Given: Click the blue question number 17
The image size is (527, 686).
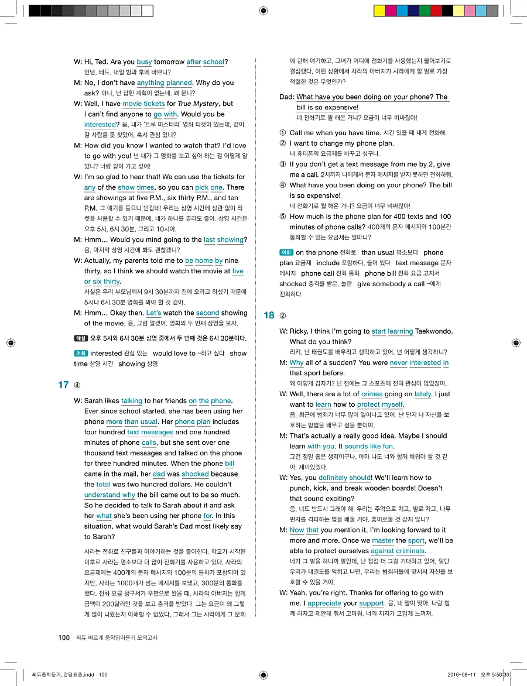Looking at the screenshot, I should (x=64, y=385).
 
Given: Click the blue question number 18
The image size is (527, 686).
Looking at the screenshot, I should (x=269, y=315).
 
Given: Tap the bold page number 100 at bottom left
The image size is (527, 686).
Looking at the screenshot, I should (x=64, y=637).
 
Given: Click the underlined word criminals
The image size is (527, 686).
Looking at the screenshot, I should (x=410, y=551).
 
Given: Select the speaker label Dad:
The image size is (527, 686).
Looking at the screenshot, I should (x=286, y=97).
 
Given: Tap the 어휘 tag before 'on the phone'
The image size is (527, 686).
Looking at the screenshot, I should (x=286, y=253).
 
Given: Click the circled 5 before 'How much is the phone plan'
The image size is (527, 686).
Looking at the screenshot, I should (x=282, y=217).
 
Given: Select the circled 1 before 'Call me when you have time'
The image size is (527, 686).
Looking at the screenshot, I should (x=282, y=133).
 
